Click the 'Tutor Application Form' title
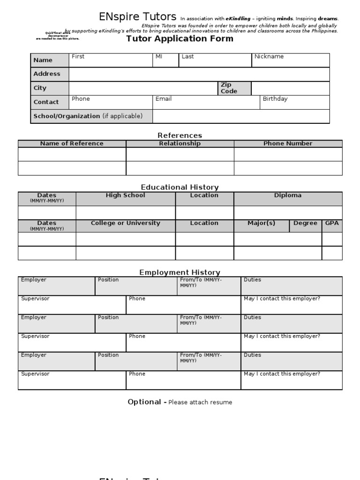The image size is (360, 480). [180, 39]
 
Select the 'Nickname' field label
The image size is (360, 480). [269, 57]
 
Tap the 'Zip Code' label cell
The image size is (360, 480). [229, 88]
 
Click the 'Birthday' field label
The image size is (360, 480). [275, 99]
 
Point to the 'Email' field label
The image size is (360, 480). [164, 99]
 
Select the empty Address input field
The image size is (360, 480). [199, 74]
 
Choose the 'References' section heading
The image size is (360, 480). [180, 135]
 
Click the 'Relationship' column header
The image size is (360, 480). [180, 143]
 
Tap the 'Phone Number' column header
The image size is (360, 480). [288, 143]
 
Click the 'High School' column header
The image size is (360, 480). [125, 195]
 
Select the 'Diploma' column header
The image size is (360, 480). [288, 195]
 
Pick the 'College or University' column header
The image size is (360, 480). [125, 223]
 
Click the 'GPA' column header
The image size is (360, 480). [332, 223]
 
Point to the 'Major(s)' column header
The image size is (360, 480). [261, 223]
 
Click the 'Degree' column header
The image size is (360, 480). [305, 223]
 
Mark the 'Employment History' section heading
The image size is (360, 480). [180, 272]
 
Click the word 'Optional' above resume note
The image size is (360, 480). [144, 402]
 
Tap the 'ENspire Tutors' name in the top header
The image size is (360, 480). [138, 17]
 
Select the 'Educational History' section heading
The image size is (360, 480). [180, 187]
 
